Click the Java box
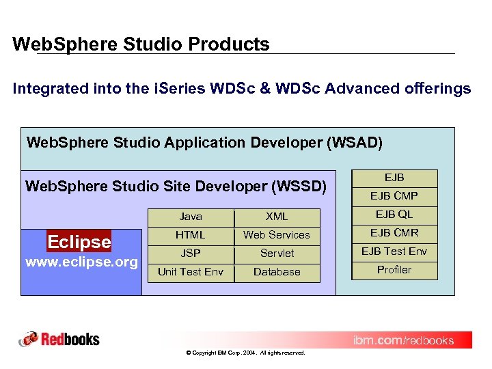click(x=191, y=217)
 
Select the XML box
click(x=277, y=217)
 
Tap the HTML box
click(x=191, y=235)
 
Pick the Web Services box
click(x=277, y=235)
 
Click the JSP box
click(x=191, y=254)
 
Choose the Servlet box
click(x=277, y=254)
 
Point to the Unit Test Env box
click(x=191, y=272)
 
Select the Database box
click(x=277, y=272)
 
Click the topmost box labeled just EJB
click(x=394, y=178)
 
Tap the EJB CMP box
click(x=394, y=196)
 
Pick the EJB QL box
click(x=394, y=215)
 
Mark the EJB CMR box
click(x=394, y=233)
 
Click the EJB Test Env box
click(x=394, y=251)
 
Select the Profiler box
click(x=394, y=270)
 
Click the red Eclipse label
click(x=79, y=242)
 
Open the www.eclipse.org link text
click(x=81, y=262)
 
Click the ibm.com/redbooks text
click(x=402, y=340)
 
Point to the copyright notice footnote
click(x=245, y=353)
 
